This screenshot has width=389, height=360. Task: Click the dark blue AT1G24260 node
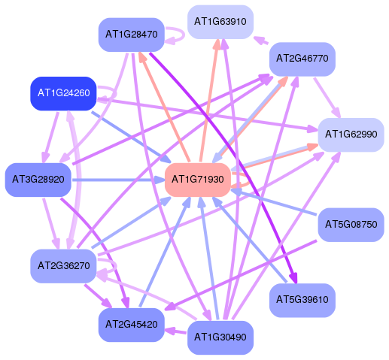pyautogui.click(x=63, y=93)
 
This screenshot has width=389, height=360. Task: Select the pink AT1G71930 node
pyautogui.click(x=198, y=180)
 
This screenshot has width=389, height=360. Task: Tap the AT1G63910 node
pyautogui.click(x=220, y=22)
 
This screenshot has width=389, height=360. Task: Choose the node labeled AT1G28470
pyautogui.click(x=132, y=35)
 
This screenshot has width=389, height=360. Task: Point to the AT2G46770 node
pyautogui.click(x=302, y=59)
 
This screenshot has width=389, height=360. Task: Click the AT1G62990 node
pyautogui.click(x=351, y=135)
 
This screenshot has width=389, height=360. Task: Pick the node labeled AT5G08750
pyautogui.click(x=351, y=225)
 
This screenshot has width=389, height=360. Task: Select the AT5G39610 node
pyautogui.click(x=302, y=300)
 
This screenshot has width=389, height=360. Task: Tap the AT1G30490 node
pyautogui.click(x=220, y=337)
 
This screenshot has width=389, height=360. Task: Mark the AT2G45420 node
pyautogui.click(x=132, y=325)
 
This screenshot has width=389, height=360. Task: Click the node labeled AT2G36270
pyautogui.click(x=63, y=266)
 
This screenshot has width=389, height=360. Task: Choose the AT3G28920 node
pyautogui.click(x=38, y=180)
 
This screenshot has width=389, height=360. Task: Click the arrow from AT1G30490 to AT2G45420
pyautogui.click(x=175, y=331)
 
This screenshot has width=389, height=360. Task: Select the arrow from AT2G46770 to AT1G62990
pyautogui.click(x=327, y=98)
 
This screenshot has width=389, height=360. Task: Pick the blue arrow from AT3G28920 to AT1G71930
pyautogui.click(x=118, y=180)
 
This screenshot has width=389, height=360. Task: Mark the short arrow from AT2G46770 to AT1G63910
pyautogui.click(x=261, y=41)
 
